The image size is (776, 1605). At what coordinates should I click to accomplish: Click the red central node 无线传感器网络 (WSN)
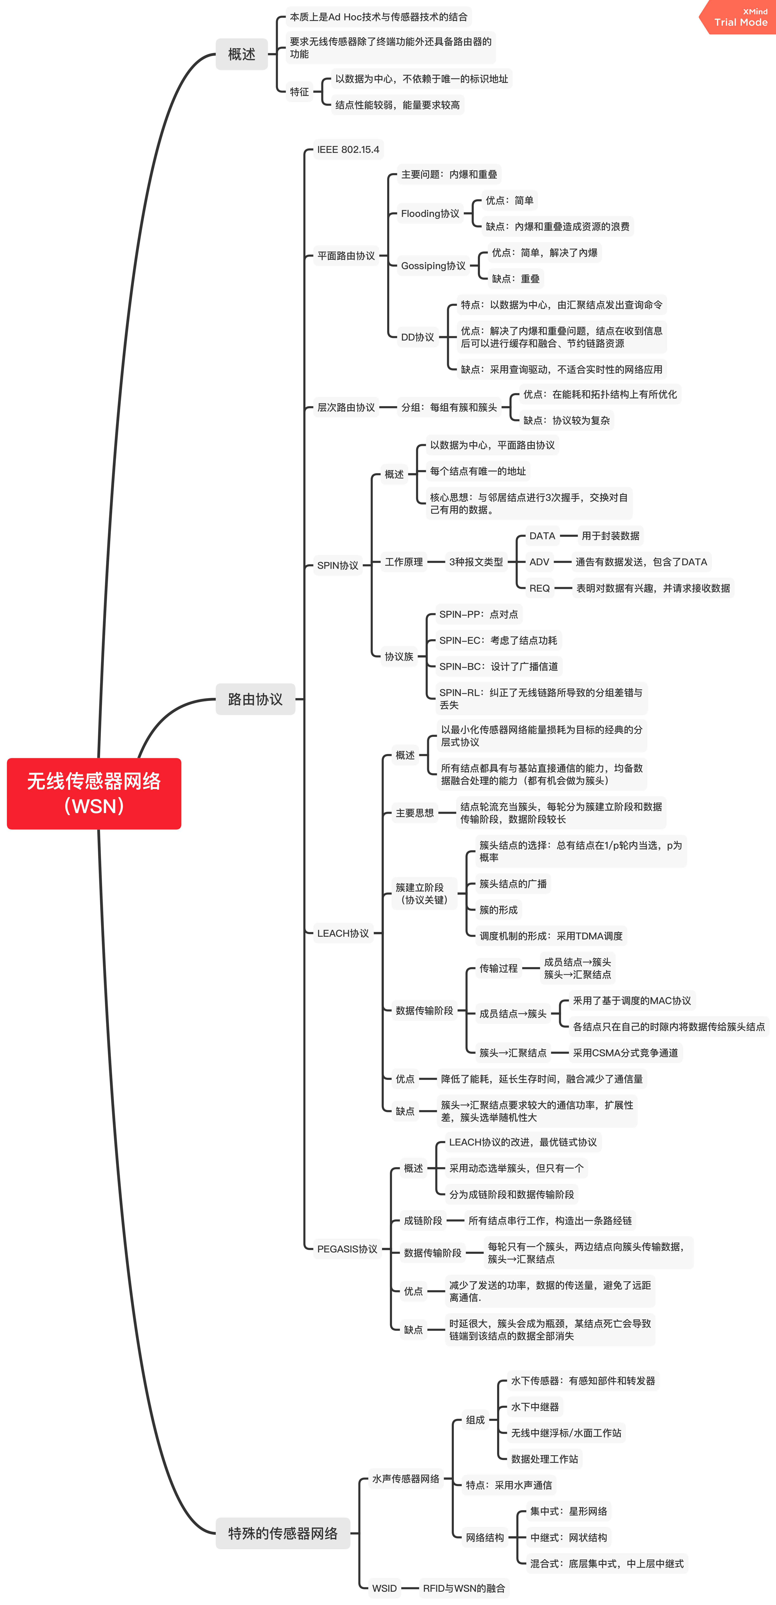(x=94, y=793)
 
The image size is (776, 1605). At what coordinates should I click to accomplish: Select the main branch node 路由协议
(x=255, y=699)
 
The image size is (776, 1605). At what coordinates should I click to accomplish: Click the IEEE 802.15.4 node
(x=348, y=150)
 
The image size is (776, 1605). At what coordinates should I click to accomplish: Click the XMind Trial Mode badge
(x=740, y=17)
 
